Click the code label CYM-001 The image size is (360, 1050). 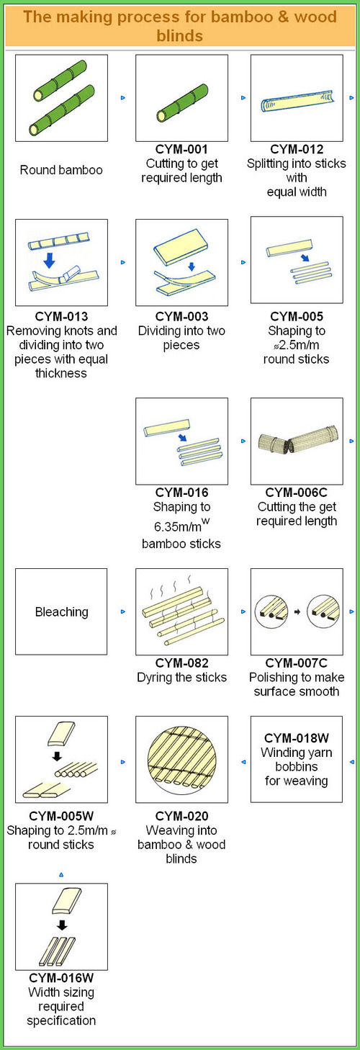pyautogui.click(x=181, y=149)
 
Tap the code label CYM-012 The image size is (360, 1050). pyautogui.click(x=297, y=149)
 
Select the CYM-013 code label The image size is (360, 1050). pyautogui.click(x=61, y=316)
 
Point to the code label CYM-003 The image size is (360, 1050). pyautogui.click(x=181, y=316)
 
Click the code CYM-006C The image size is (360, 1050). pyautogui.click(x=296, y=492)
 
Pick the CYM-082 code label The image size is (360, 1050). pyautogui.click(x=181, y=663)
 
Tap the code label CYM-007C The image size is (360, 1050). pyautogui.click(x=296, y=663)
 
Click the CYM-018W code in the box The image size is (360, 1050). pyautogui.click(x=296, y=738)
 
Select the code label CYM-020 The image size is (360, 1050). pyautogui.click(x=181, y=816)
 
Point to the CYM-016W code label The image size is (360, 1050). pyautogui.click(x=61, y=978)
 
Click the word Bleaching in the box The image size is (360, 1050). pyautogui.click(x=61, y=611)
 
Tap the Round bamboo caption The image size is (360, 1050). pyautogui.click(x=61, y=170)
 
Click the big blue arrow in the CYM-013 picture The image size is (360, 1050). pyautogui.click(x=49, y=259)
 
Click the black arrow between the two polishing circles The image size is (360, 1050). pyautogui.click(x=297, y=611)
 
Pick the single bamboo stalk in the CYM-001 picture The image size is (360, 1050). pyautogui.click(x=182, y=103)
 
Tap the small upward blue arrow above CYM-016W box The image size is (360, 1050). pyautogui.click(x=61, y=874)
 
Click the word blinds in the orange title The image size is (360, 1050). pyautogui.click(x=179, y=35)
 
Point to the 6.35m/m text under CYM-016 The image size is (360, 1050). pyautogui.click(x=178, y=527)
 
